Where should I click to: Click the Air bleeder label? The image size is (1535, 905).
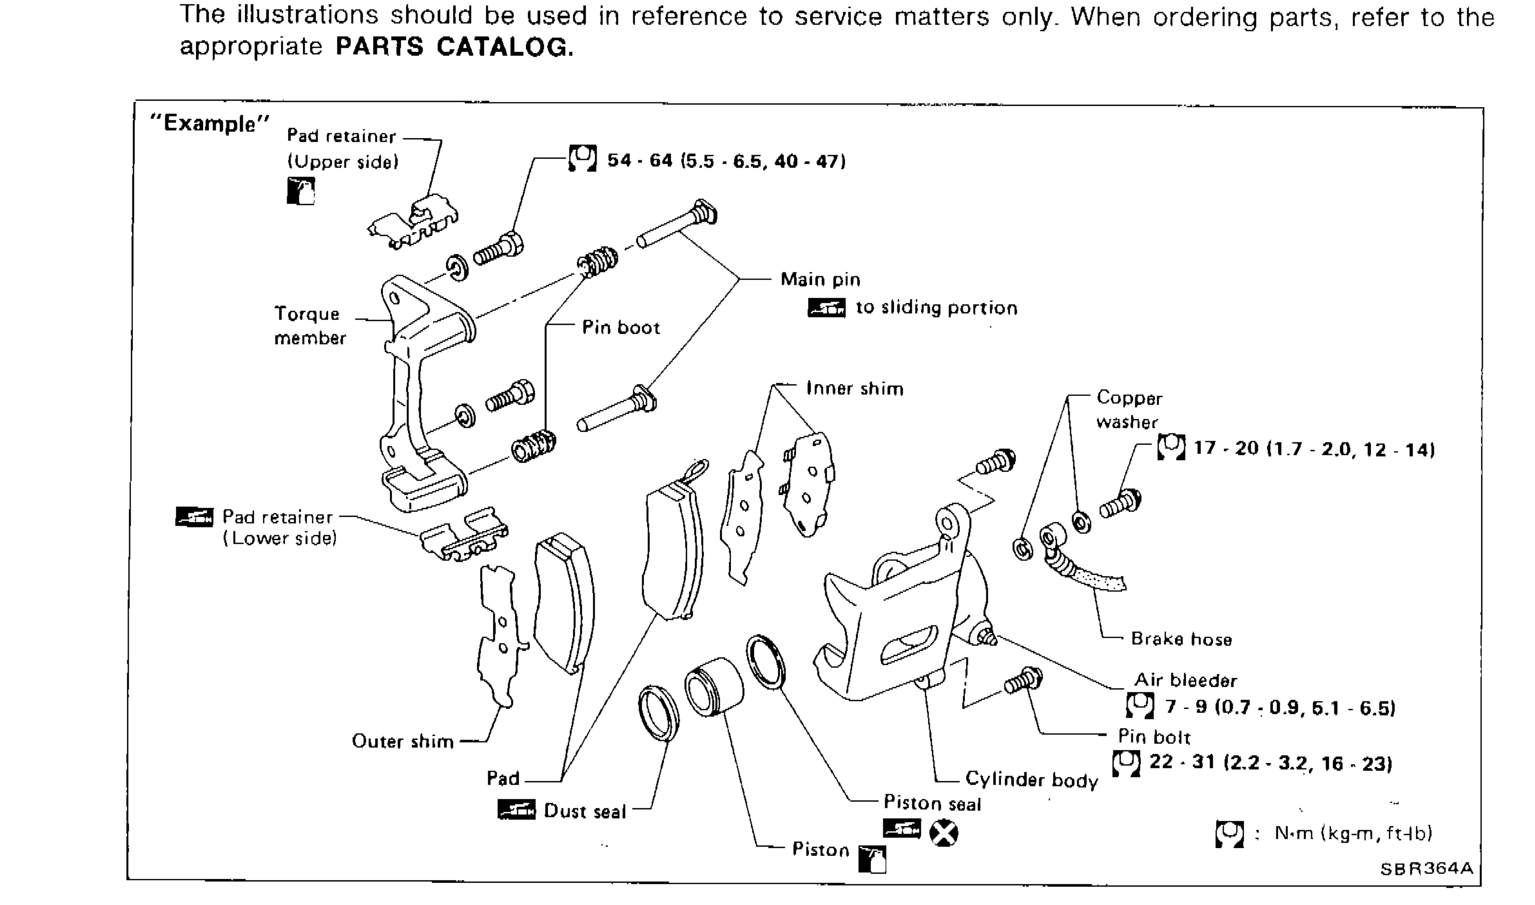[x=1185, y=680]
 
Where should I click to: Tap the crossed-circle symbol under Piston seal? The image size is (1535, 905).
[x=943, y=833]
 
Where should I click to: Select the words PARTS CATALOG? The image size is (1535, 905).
[x=454, y=47]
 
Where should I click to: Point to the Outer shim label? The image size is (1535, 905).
[x=403, y=741]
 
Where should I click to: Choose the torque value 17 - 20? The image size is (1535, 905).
[x=1313, y=449]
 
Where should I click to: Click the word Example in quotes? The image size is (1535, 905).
[x=209, y=123]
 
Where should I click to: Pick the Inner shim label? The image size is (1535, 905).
[x=854, y=389]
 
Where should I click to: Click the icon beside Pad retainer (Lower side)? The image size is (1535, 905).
[x=194, y=516]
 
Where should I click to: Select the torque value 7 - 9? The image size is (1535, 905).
[x=1279, y=707]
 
